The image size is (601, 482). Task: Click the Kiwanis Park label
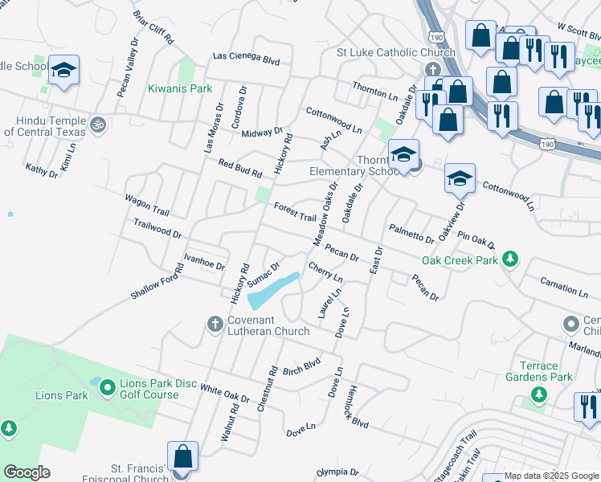click(180, 88)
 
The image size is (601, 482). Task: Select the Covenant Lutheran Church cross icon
click(215, 324)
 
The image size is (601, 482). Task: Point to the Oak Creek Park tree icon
click(508, 259)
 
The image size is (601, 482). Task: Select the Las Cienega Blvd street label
click(245, 59)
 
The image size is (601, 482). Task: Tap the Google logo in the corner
click(27, 472)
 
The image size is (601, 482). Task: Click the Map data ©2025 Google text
click(550, 476)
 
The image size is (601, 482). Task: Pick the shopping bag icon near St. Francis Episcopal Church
click(183, 456)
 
